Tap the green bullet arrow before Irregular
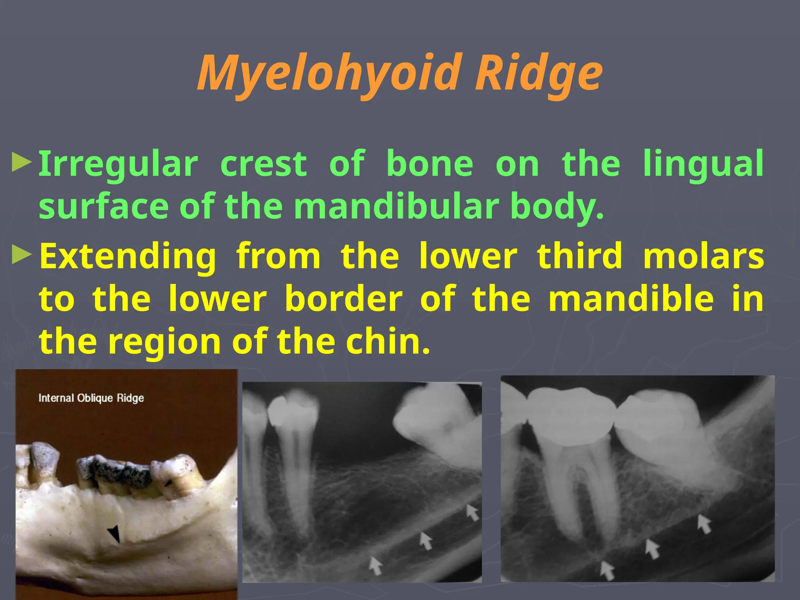[x=21, y=163]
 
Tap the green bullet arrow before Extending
[x=21, y=255]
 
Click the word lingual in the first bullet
[x=703, y=164]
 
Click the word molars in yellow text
[x=703, y=256]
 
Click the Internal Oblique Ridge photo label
[x=91, y=398]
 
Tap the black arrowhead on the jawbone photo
[x=114, y=533]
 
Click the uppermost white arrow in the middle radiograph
[x=472, y=512]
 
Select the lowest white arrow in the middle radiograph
[x=375, y=565]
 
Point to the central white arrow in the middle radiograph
[x=425, y=541]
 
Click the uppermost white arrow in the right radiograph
[x=704, y=523]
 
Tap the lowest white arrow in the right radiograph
[x=607, y=570]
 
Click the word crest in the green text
[x=264, y=164]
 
